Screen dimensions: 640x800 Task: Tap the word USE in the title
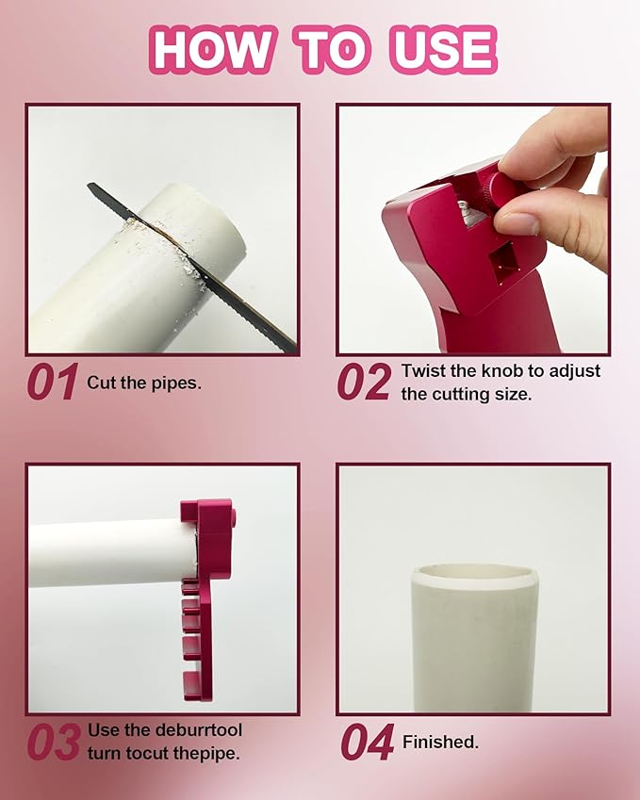point(443,50)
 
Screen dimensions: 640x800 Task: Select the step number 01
point(53,382)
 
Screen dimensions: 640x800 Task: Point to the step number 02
point(365,382)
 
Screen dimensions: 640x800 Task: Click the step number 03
point(54,742)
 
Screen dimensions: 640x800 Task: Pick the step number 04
point(368,742)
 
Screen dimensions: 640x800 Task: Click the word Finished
point(440,742)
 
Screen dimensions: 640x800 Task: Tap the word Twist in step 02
point(423,370)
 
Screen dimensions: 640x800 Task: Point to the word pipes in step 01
point(175,384)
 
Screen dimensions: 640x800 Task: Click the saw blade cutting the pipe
point(192,267)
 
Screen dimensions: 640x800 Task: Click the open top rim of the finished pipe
point(475,575)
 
